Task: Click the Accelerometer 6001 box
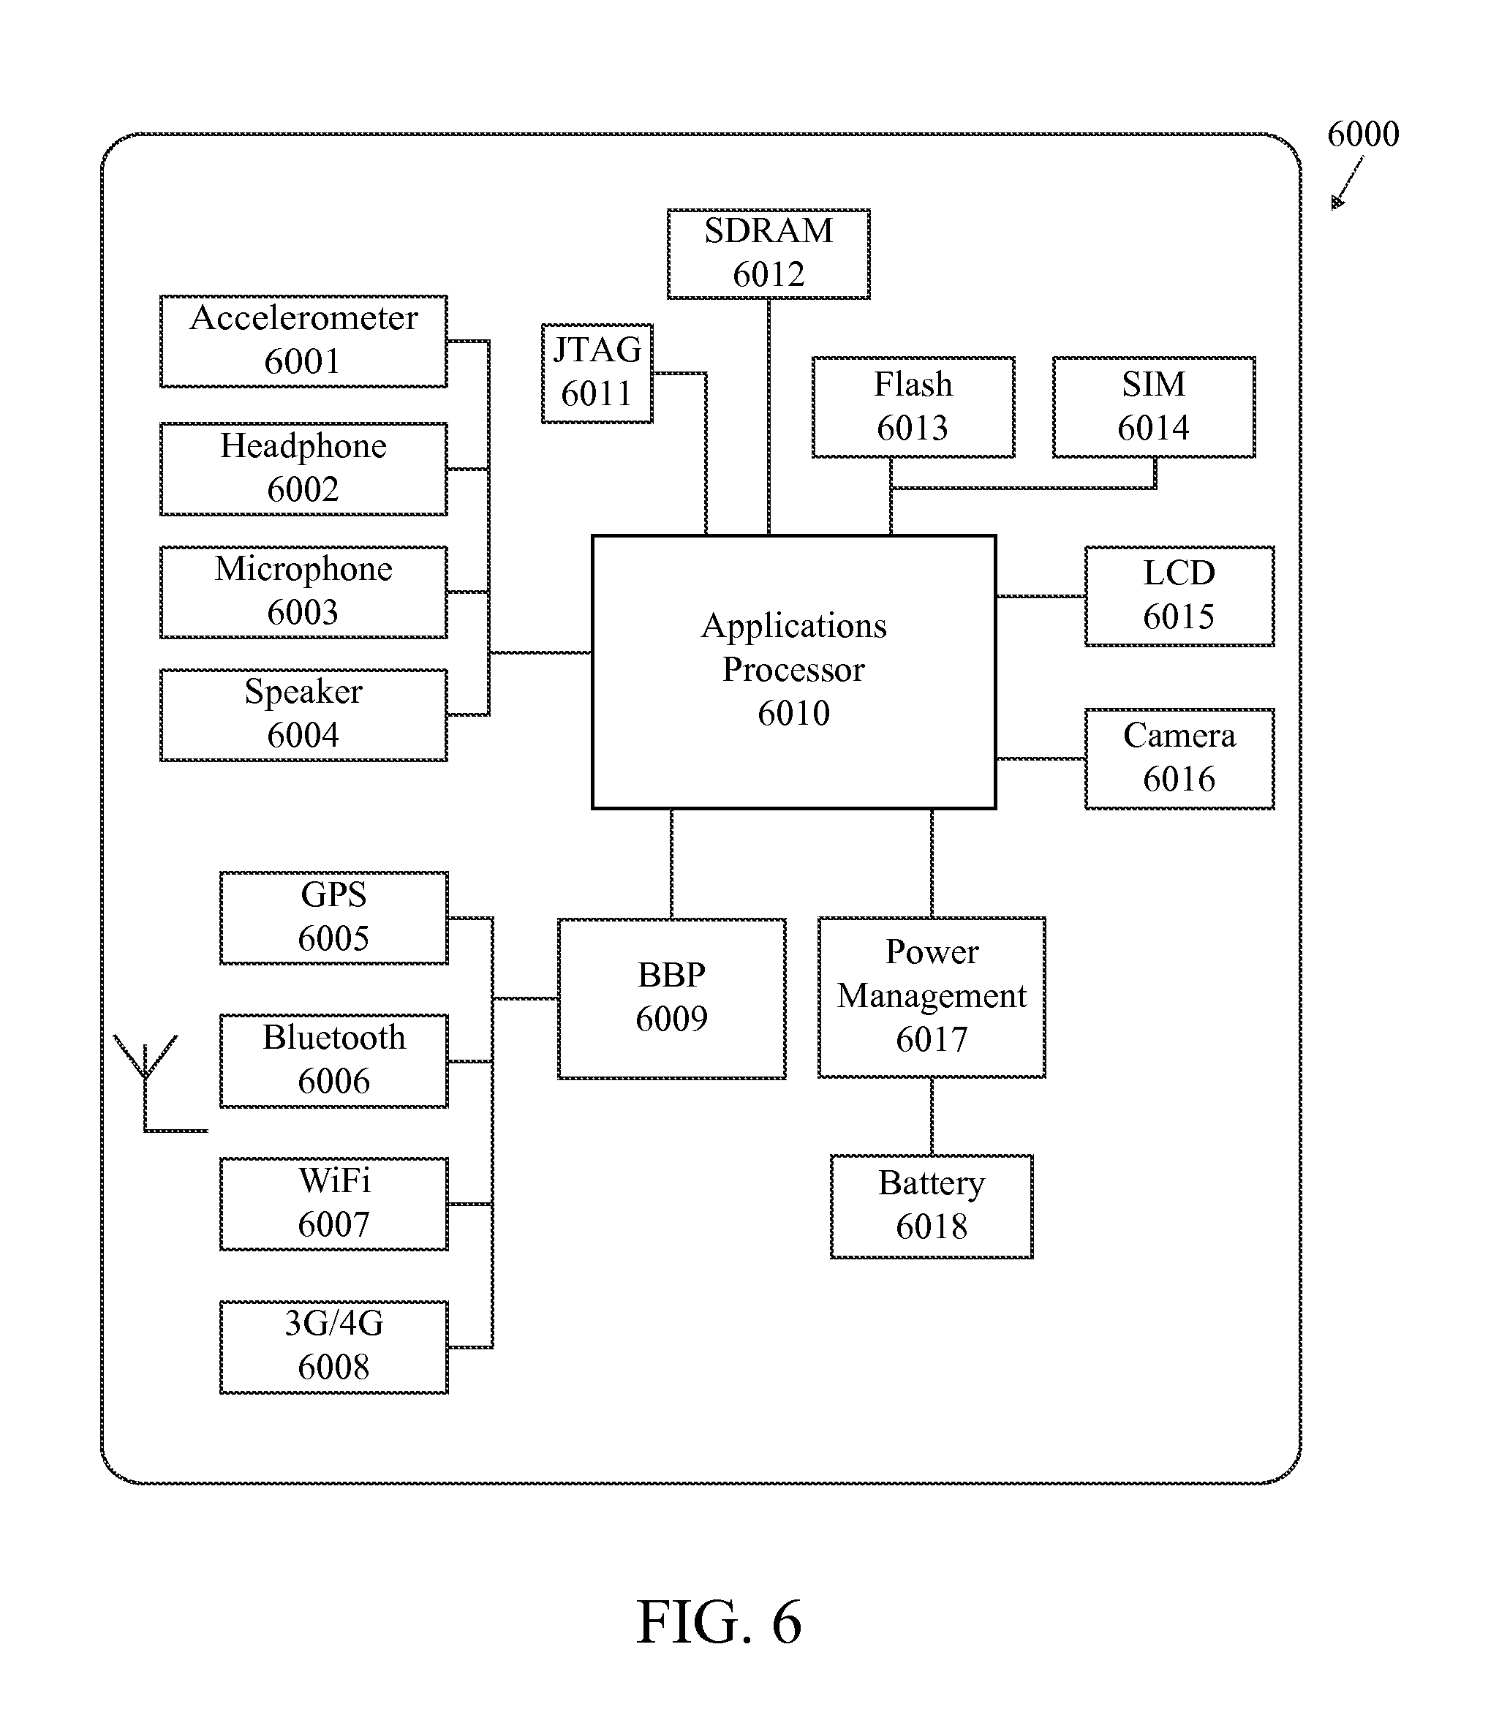(303, 341)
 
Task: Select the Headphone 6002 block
(303, 469)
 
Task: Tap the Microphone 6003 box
(303, 592)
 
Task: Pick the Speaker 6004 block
(303, 715)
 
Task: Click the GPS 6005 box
(333, 917)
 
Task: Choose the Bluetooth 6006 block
(333, 1060)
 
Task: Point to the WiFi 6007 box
(333, 1204)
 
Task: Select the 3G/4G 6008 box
(333, 1346)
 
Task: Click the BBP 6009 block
(671, 998)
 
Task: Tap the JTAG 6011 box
(597, 373)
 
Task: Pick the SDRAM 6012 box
(769, 254)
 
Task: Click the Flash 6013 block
(913, 407)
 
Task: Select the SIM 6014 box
(1153, 407)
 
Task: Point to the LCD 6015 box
(1179, 596)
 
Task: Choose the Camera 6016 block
(1179, 758)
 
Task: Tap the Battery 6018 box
(931, 1206)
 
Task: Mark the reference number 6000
(1362, 135)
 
